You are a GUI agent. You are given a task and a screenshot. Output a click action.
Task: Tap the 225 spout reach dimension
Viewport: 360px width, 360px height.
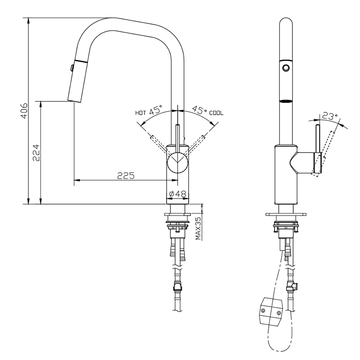pos(125,176)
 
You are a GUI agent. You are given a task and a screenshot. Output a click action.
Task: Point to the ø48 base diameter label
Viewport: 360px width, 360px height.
pos(178,194)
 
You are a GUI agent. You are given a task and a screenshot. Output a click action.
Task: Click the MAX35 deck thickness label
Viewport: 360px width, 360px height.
pos(198,228)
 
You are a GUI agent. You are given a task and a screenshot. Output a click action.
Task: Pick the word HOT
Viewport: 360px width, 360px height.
pos(140,113)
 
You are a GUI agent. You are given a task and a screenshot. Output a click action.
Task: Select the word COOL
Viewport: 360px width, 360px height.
pos(216,113)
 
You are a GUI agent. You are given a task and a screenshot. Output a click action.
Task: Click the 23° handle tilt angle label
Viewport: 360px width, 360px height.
pos(330,117)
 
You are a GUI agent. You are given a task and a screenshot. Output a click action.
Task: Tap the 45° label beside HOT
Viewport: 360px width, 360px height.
pos(156,111)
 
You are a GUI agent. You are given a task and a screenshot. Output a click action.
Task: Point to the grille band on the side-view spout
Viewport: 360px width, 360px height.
pos(286,101)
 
